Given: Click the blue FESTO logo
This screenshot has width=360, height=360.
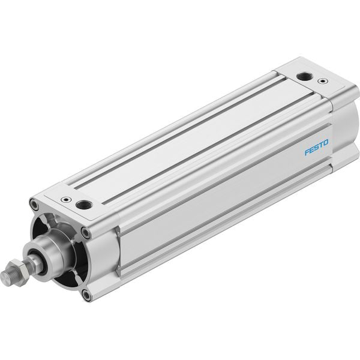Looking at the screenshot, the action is [316, 148].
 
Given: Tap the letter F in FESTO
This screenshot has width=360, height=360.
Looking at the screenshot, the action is [307, 152].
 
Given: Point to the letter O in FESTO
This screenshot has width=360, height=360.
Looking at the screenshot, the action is [326, 143].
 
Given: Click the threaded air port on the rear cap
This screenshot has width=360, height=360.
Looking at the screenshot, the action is [303, 76].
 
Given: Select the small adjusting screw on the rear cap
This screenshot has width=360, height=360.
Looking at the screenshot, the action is [323, 81].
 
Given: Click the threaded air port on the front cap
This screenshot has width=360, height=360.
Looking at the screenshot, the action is [84, 204].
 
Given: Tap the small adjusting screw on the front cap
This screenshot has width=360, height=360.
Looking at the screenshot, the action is [66, 200].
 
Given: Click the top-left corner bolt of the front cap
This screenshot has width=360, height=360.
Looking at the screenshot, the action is [34, 204].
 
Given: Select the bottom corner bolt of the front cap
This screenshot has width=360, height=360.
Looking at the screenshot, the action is [86, 295].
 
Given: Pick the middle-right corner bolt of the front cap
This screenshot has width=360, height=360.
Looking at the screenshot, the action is [86, 233].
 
